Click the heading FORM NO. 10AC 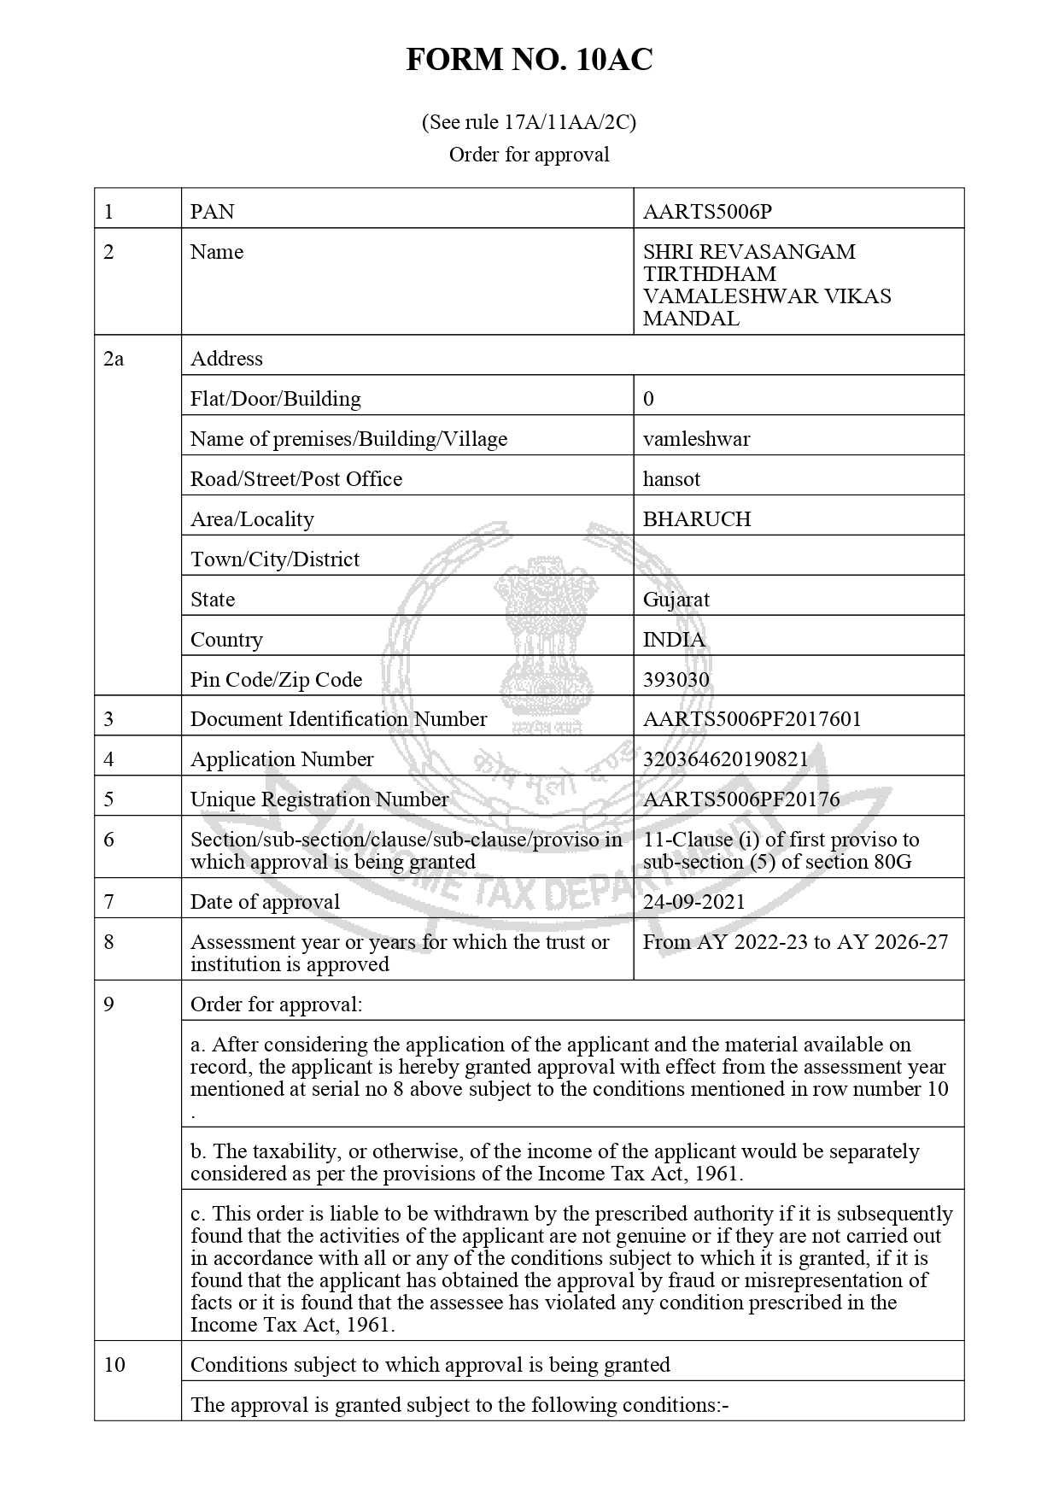click(x=529, y=60)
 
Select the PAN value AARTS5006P click(x=707, y=212)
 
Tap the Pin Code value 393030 click(x=676, y=680)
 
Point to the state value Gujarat click(x=676, y=600)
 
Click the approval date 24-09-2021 click(x=693, y=902)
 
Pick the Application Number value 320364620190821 click(x=725, y=759)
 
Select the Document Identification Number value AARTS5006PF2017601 click(x=752, y=719)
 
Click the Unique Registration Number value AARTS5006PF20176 click(x=741, y=799)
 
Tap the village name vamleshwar click(x=696, y=439)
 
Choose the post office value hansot click(x=671, y=479)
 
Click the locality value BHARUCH click(x=697, y=519)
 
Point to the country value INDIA click(x=674, y=640)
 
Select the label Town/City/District click(x=275, y=559)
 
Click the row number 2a click(x=114, y=359)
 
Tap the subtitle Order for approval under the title click(x=529, y=155)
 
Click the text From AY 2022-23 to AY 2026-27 click(x=795, y=942)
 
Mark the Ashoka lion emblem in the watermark click(x=543, y=632)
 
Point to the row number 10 click(x=114, y=1365)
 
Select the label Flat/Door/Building click(x=275, y=399)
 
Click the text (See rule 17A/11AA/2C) click(x=529, y=122)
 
